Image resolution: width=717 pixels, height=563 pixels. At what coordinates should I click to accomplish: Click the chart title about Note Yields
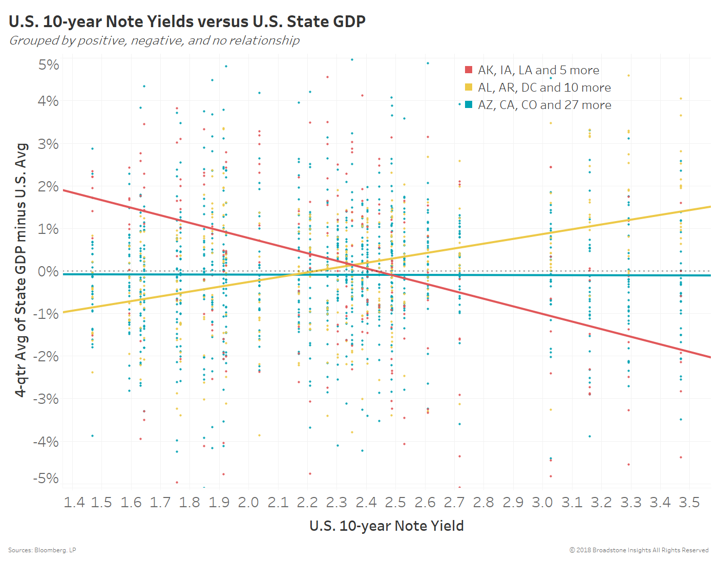(187, 21)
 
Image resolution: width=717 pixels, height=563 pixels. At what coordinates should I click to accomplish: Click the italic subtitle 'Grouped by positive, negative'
(154, 40)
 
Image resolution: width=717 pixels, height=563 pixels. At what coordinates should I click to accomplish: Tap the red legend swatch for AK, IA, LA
(468, 70)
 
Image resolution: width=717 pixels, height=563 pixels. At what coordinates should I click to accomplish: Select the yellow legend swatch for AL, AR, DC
(468, 88)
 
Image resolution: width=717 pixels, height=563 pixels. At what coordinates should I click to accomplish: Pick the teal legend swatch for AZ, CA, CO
(468, 105)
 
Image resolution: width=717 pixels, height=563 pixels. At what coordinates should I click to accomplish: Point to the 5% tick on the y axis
(49, 65)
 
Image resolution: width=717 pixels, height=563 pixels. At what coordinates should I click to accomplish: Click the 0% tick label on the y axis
(49, 271)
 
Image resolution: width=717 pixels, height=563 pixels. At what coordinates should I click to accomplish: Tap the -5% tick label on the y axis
(46, 479)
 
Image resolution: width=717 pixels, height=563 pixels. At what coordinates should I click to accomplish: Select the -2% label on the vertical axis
(46, 356)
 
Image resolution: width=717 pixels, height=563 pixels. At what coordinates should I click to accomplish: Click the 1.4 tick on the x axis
(74, 503)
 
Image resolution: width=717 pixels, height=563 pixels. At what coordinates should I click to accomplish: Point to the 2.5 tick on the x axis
(395, 503)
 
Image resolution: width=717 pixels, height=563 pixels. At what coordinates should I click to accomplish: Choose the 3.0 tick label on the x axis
(542, 503)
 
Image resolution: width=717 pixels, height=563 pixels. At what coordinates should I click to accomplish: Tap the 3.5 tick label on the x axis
(689, 503)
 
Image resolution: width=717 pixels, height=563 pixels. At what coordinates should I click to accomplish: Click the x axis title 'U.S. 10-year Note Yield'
(387, 526)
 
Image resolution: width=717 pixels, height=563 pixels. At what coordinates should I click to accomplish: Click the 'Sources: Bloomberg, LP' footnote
(42, 550)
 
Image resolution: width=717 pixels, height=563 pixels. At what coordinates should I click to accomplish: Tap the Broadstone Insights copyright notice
(639, 550)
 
